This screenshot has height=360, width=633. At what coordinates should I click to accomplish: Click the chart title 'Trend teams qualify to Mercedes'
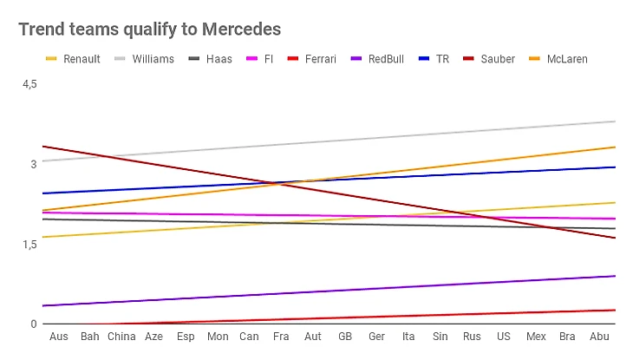[149, 29]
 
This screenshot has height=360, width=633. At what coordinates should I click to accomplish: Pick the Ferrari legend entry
[320, 59]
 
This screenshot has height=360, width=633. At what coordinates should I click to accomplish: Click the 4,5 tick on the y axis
[29, 83]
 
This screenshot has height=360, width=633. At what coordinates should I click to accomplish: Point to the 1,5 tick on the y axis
[29, 245]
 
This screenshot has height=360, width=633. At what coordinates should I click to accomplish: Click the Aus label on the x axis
[59, 336]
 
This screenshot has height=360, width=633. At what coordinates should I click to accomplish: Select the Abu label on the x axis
[599, 336]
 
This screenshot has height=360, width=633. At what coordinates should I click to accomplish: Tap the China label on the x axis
[121, 336]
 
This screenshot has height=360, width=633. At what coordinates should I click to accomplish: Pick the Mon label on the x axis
[218, 336]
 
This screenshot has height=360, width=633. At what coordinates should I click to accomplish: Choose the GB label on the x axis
[345, 336]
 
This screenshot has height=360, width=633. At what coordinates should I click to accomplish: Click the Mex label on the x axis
[536, 336]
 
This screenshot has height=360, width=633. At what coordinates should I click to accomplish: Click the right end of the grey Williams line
[615, 121]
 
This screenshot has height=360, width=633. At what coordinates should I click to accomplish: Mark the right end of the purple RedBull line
[615, 276]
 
